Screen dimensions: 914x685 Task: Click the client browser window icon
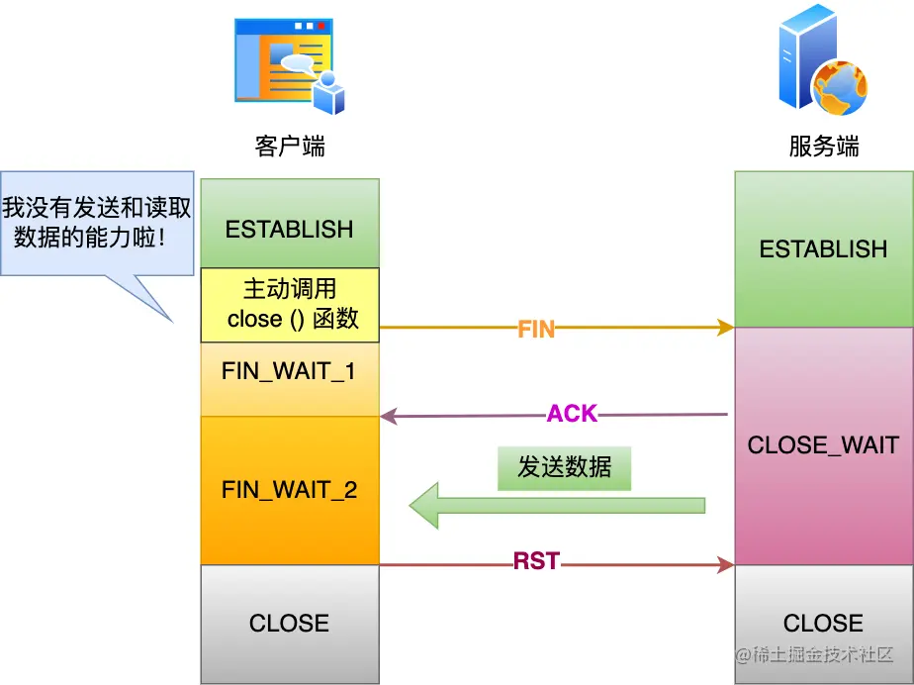tap(289, 66)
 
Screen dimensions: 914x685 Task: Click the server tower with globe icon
tap(823, 59)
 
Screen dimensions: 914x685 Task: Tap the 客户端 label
tap(290, 146)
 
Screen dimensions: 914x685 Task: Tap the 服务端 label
tap(824, 146)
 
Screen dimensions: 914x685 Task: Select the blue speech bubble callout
tap(97, 224)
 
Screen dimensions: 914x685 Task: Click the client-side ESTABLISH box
tap(290, 224)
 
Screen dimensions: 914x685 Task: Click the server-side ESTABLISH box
tap(824, 249)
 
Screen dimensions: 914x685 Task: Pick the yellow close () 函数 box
tap(290, 305)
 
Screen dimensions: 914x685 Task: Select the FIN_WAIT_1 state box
tap(290, 379)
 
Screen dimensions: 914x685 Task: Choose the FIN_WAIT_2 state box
tap(290, 490)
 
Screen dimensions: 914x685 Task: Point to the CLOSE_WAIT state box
tap(824, 445)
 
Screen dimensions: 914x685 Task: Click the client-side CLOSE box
tap(290, 624)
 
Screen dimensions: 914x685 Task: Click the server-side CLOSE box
tap(824, 624)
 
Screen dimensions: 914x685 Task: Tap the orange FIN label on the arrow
tap(536, 329)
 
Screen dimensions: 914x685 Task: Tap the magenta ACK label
tap(573, 414)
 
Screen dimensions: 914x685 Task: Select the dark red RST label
tap(536, 561)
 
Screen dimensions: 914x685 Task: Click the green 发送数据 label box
tap(564, 468)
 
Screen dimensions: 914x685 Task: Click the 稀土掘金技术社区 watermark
tap(814, 654)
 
